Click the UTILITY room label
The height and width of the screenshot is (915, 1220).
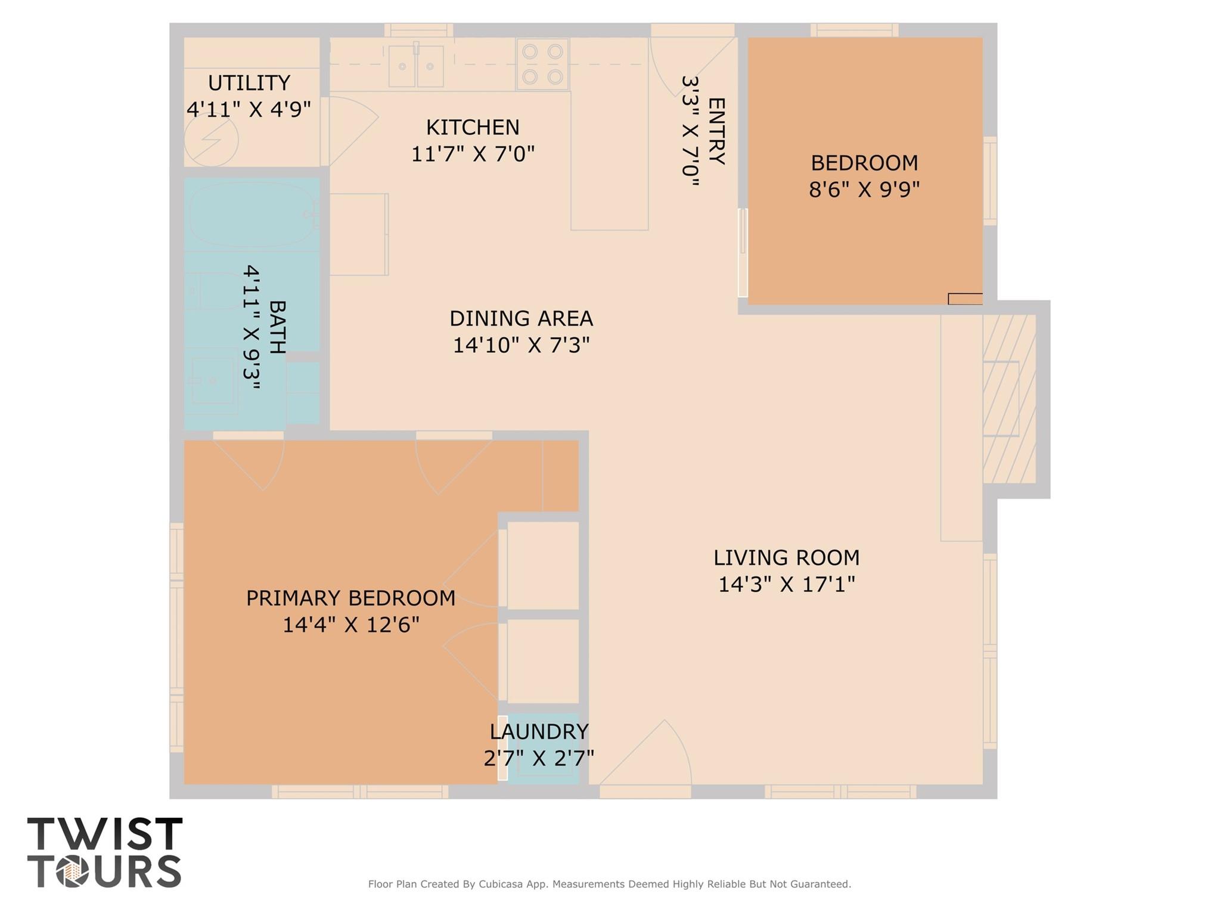tap(249, 83)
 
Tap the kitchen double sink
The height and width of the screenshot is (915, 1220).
tap(416, 66)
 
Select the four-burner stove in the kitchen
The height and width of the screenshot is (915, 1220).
tap(542, 64)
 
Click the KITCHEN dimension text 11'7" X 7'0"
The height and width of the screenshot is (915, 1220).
tap(473, 154)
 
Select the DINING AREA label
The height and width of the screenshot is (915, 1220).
tap(521, 318)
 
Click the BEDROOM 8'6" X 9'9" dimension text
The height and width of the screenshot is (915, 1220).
tap(864, 190)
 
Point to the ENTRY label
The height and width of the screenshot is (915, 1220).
tap(716, 131)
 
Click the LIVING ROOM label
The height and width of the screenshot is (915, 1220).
tap(786, 558)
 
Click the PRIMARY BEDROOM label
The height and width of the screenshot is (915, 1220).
tap(350, 598)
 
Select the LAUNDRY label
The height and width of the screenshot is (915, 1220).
tap(539, 731)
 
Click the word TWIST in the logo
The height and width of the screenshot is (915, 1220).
tap(105, 834)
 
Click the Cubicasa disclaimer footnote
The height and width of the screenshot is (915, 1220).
tap(609, 884)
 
